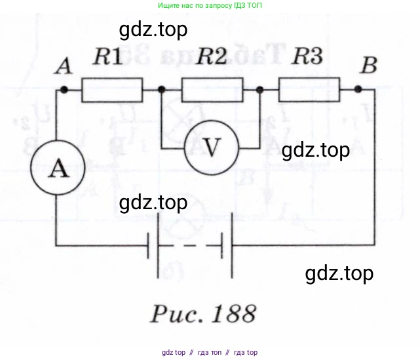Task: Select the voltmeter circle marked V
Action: click(210, 148)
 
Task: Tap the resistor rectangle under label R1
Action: click(111, 90)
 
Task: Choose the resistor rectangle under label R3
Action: click(309, 89)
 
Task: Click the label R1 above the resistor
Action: click(107, 58)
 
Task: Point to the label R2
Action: click(212, 58)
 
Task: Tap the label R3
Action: click(307, 57)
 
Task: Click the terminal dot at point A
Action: click(64, 90)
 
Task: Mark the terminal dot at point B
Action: click(358, 89)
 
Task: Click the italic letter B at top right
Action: click(370, 66)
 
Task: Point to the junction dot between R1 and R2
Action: click(162, 90)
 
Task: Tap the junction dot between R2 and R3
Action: click(261, 90)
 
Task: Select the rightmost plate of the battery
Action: click(231, 246)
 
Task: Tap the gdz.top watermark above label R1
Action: click(154, 30)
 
